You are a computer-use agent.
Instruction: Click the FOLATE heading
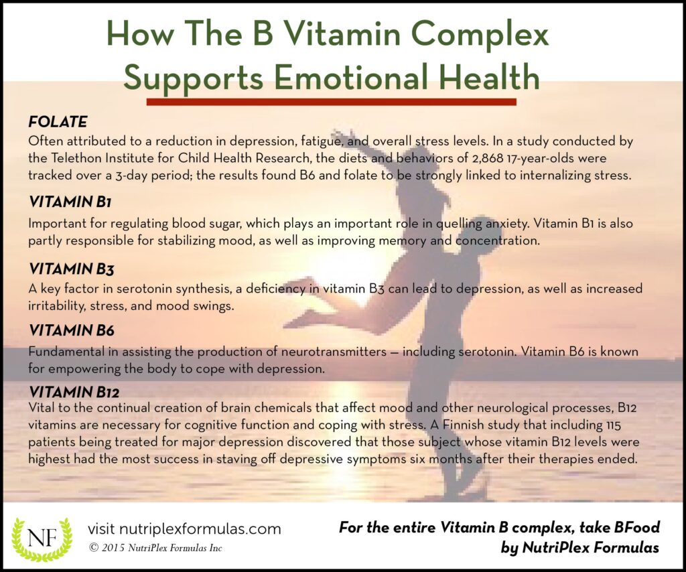58,122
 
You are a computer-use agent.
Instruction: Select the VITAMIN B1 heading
70,202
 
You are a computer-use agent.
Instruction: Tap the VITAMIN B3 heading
71,269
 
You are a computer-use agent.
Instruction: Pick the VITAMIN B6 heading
71,330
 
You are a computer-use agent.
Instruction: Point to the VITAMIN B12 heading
74,391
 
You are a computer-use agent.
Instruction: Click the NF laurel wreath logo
42,539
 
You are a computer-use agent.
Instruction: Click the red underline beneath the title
331,102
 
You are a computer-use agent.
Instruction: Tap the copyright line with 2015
155,548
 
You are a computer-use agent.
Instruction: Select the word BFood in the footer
637,527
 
